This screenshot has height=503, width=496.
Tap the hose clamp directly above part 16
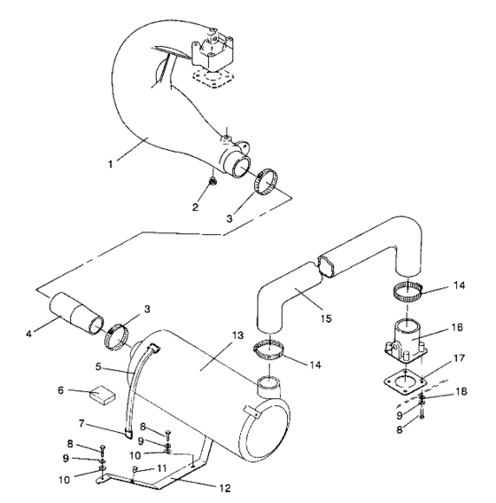[x=415, y=289]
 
